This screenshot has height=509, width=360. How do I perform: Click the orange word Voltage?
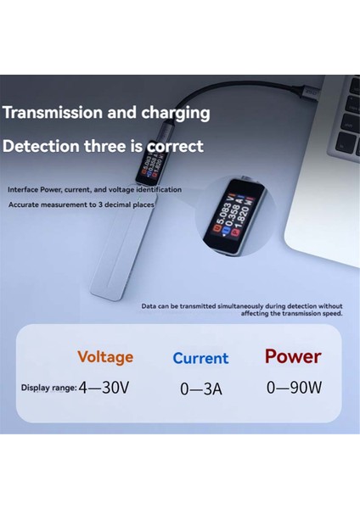tap(105, 357)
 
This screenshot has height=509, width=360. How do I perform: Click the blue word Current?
tap(200, 358)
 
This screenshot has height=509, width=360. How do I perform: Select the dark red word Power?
tap(292, 355)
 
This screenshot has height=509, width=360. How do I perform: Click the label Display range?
tap(49, 388)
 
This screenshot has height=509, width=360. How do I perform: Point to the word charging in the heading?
tap(173, 112)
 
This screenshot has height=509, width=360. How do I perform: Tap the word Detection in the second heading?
tap(42, 146)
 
